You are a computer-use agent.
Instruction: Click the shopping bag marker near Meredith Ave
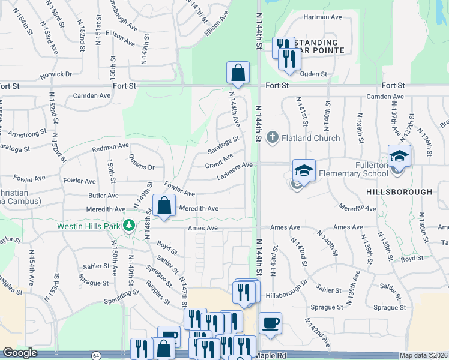164,206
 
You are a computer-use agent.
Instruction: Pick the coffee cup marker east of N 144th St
270,322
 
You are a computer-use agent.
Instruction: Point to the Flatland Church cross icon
273,137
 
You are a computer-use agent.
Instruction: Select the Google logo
20,353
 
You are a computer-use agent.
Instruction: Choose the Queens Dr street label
142,162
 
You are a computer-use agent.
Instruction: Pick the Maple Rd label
268,355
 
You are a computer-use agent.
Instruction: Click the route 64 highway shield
96,355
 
